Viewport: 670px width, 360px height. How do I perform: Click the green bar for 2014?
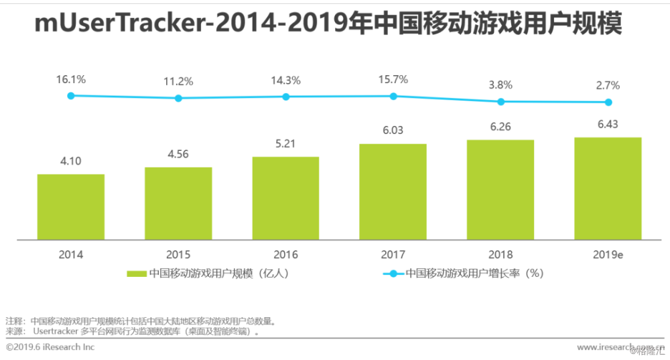tap(71, 206)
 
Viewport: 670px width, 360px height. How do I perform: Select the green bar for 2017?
tap(393, 191)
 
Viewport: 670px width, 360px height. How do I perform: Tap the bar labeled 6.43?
tap(608, 188)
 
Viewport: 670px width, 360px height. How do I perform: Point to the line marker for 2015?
tap(178, 99)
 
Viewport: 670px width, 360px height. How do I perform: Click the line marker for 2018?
tap(500, 102)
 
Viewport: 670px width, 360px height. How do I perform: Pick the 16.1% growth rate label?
tap(71, 79)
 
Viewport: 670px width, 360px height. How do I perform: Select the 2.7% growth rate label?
tap(608, 85)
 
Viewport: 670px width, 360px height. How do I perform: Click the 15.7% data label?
tap(393, 79)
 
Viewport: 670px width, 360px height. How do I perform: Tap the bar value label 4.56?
tap(178, 154)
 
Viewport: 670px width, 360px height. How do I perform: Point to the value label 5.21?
tap(285, 143)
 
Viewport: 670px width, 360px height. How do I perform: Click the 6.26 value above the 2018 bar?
tap(500, 127)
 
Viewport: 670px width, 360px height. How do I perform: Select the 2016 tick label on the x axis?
tap(285, 255)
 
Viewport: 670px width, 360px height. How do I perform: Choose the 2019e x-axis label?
tap(608, 255)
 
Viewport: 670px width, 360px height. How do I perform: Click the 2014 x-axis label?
tap(71, 255)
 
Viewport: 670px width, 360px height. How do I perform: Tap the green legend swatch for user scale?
tap(136, 274)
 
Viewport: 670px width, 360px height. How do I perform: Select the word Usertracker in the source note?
tap(56, 331)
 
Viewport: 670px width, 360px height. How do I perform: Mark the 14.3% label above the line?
tap(285, 80)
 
